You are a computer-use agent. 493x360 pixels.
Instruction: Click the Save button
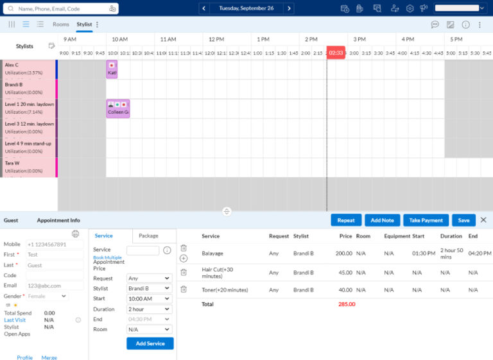tap(463, 220)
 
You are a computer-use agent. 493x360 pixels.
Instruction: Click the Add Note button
tap(383, 220)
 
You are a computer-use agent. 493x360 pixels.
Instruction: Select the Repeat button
tap(346, 220)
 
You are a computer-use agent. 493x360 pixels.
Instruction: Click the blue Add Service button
tap(150, 343)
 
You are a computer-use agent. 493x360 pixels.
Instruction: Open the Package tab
tap(148, 236)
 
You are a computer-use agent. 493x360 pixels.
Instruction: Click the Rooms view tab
tap(61, 24)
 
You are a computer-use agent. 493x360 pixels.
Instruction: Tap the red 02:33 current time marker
tap(336, 53)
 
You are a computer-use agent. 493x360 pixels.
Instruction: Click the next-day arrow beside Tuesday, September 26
tap(290, 8)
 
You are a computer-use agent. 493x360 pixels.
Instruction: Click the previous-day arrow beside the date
tap(204, 8)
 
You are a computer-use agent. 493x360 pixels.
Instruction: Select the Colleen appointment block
tap(118, 108)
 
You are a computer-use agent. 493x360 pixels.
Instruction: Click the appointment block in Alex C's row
tap(112, 69)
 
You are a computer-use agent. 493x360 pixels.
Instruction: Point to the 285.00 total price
tap(346, 304)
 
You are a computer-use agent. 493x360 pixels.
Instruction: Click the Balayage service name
tap(212, 253)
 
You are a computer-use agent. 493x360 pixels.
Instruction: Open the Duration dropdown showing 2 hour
tap(150, 309)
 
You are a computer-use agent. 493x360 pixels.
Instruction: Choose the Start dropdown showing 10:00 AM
tap(150, 299)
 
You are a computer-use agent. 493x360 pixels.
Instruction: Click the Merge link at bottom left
tap(49, 357)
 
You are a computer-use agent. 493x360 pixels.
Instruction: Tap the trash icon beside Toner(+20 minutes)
tap(184, 289)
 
